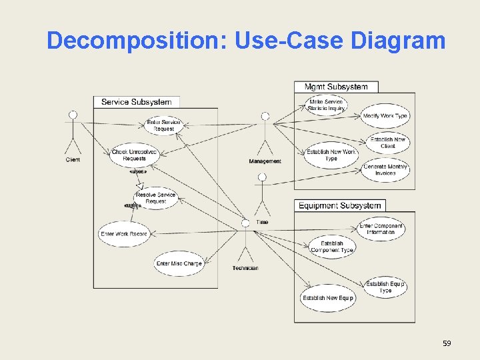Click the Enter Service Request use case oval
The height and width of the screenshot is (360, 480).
(163, 125)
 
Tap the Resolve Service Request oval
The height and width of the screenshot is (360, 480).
(155, 198)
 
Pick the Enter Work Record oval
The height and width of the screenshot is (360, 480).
(123, 234)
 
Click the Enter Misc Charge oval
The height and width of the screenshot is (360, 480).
(179, 263)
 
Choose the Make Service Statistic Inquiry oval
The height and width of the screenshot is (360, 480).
(326, 105)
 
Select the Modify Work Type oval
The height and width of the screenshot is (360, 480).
(385, 116)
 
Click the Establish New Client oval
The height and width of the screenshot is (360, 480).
(388, 143)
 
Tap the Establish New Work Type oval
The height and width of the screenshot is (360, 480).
(331, 155)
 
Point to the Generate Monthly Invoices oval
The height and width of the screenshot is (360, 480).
(385, 169)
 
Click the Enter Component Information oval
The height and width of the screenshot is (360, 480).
(381, 229)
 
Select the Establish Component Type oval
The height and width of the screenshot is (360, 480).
(331, 247)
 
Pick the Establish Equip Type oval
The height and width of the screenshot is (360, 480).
(385, 287)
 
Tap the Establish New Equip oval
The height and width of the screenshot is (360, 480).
(327, 298)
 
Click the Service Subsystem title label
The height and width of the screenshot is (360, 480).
(136, 102)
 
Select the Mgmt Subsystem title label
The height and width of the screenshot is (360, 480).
(336, 87)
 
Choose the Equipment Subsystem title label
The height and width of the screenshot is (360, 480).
(340, 205)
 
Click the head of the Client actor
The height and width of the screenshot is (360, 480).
(73, 115)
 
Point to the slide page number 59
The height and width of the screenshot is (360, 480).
(447, 343)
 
